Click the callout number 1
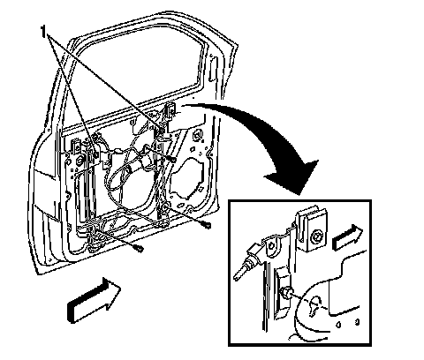pos(43,32)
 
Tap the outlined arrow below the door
pos(95,299)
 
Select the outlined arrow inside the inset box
pos(348,237)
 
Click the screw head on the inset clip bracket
pos(318,236)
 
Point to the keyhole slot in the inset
pos(314,305)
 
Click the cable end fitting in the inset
pos(246,262)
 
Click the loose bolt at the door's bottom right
pos(206,225)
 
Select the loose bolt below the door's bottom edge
pos(138,248)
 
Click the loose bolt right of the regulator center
pos(172,160)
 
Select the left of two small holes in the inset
pos(338,324)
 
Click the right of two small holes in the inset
pos(357,322)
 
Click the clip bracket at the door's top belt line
pos(170,112)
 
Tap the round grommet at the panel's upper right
pos(197,136)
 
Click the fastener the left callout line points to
pos(95,154)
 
